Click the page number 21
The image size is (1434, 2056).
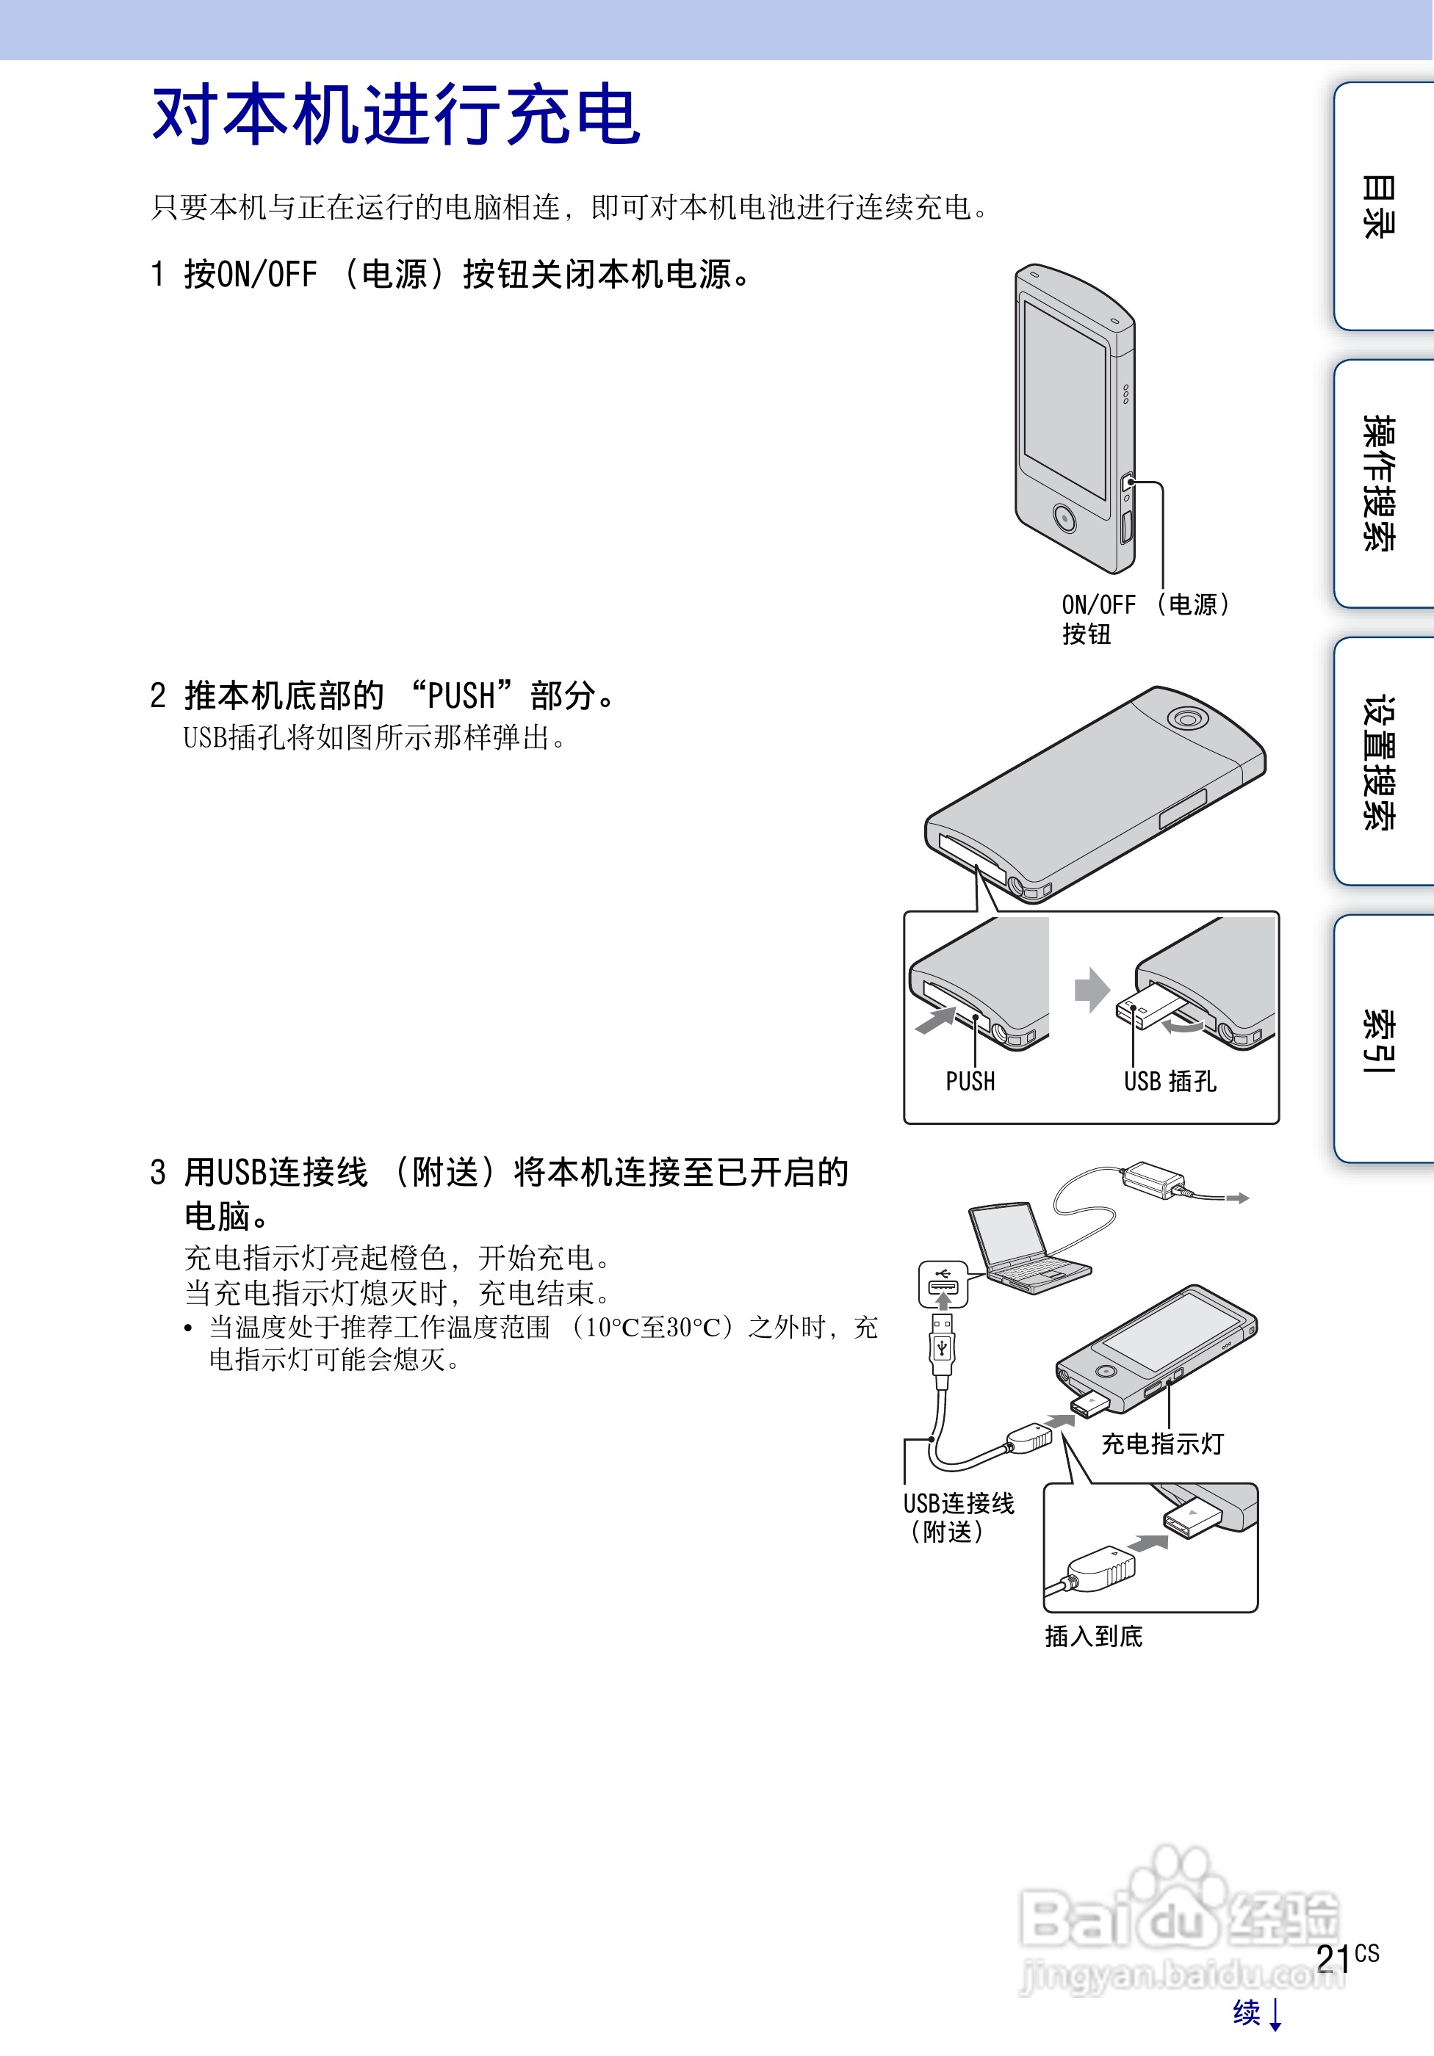point(1333,1958)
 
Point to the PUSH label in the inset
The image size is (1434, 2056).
point(970,1082)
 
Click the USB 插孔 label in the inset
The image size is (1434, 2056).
point(1170,1082)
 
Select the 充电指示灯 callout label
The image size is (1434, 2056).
point(1161,1444)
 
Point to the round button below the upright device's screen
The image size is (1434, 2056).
point(1064,517)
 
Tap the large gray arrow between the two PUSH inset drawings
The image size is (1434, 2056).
point(1092,990)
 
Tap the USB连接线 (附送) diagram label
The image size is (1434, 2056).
point(957,1517)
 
